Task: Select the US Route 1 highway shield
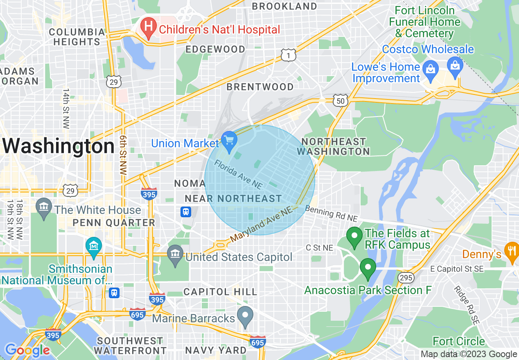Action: [x=288, y=55]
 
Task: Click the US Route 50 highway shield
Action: [x=340, y=101]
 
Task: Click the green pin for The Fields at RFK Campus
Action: [x=354, y=236]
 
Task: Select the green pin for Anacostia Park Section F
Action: [x=368, y=268]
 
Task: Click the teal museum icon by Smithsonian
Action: [x=94, y=247]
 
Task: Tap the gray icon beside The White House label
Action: [x=43, y=207]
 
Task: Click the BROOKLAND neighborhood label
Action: [x=284, y=6]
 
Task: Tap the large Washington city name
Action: [x=59, y=146]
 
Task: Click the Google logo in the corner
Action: [x=27, y=350]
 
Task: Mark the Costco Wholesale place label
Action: [x=428, y=49]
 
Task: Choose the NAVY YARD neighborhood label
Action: [x=216, y=350]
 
